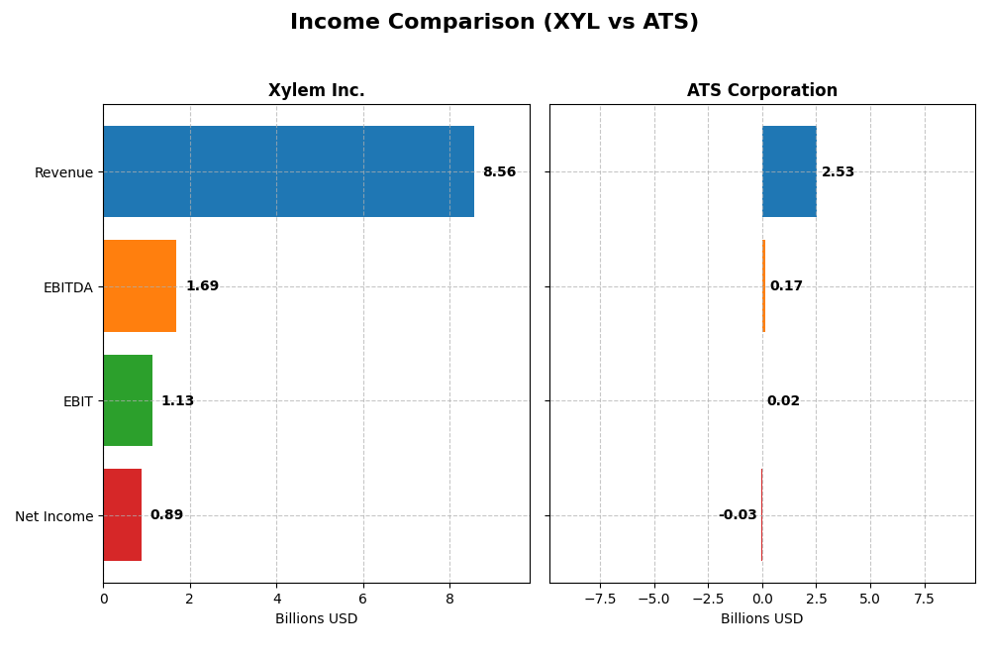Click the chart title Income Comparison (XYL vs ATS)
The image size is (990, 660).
494,22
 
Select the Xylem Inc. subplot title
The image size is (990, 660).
316,91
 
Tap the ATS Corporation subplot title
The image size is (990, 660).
761,91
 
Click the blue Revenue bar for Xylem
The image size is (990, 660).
288,171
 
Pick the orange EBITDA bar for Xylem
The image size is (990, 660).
140,285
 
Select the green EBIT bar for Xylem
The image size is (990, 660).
128,400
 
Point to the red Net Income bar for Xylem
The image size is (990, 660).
122,514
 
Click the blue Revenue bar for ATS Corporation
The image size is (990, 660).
789,171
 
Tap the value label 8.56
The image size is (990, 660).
499,172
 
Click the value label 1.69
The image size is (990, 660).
202,286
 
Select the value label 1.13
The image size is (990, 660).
177,401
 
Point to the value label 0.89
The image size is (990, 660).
166,515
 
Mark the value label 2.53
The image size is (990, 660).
838,172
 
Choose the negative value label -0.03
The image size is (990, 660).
738,515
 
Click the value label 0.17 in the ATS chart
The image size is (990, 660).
786,286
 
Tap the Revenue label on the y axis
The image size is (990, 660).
63,172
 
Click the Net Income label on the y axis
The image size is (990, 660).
53,516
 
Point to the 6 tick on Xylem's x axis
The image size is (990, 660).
363,599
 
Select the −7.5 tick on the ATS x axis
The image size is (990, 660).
600,599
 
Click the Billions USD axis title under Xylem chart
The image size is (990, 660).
316,618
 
